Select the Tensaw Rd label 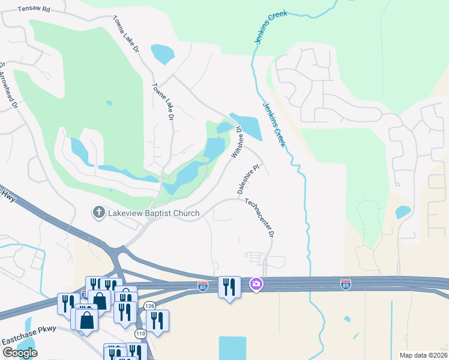click(x=34, y=10)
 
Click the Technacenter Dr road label click(x=259, y=217)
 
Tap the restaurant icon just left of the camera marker click(x=229, y=287)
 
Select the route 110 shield click(x=140, y=333)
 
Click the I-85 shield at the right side click(x=345, y=284)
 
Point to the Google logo click(x=19, y=353)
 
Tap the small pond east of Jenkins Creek click(x=403, y=212)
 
